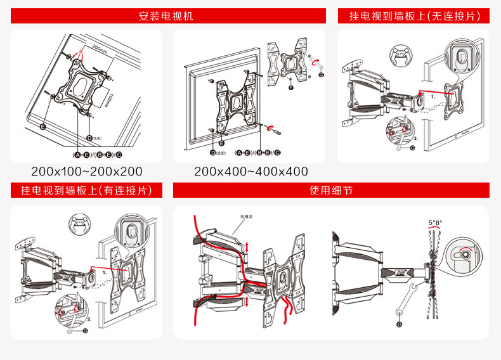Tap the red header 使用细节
(330, 190)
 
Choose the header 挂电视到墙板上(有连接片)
(86, 190)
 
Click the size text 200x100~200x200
(87, 172)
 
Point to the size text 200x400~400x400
(251, 172)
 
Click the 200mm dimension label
(99, 48)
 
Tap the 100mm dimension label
(108, 100)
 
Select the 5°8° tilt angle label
(435, 222)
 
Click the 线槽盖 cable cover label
(246, 216)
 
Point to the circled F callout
(290, 87)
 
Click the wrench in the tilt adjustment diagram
(405, 301)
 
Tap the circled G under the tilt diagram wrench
(399, 325)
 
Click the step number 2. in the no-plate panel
(415, 138)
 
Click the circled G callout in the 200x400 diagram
(321, 74)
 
